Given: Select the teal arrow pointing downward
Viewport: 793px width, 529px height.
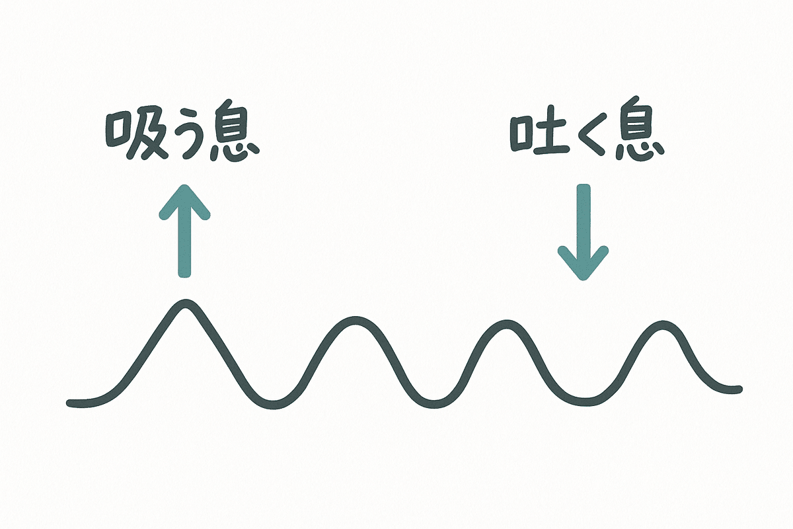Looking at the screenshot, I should (x=583, y=231).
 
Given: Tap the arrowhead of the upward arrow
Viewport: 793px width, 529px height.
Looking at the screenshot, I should (x=185, y=199).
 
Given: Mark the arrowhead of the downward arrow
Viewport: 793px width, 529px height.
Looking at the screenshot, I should (x=583, y=264).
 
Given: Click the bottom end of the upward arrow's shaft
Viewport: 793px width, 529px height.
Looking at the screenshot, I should (x=185, y=272).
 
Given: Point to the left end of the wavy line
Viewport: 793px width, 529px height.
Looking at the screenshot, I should (x=70, y=401).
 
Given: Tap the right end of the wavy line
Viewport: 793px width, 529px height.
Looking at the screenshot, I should (x=739, y=388).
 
